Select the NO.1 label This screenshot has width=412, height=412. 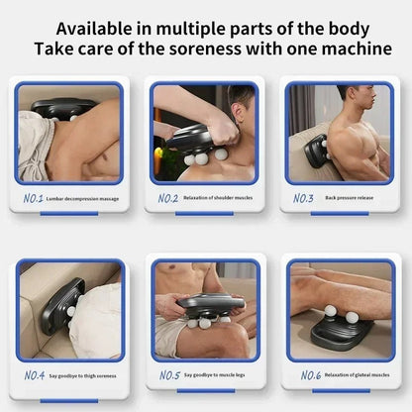(35, 198)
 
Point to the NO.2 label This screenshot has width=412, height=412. (168, 198)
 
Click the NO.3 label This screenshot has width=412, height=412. (303, 198)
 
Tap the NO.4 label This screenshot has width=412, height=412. (35, 375)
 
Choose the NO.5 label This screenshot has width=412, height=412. (168, 375)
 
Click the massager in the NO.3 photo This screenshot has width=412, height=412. (317, 151)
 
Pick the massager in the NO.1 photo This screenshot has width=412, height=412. (62, 110)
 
